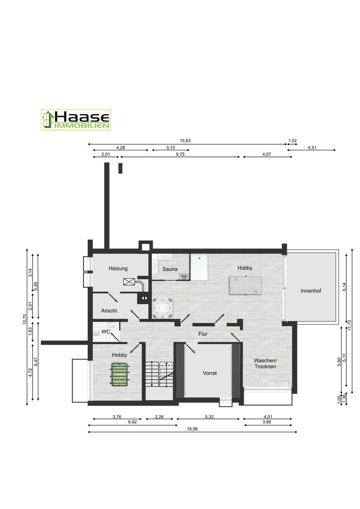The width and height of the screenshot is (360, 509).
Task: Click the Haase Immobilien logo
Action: tap(75, 120)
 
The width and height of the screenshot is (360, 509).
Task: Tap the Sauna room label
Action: tap(170, 269)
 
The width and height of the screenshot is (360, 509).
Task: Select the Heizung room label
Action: tap(118, 269)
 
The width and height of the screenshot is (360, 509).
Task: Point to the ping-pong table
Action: tap(245, 285)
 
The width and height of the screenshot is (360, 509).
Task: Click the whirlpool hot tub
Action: tap(163, 308)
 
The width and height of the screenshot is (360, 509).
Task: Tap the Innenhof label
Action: tap(311, 291)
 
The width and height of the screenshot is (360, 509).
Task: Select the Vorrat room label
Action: tap(210, 373)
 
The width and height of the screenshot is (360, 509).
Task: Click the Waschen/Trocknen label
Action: tap(265, 363)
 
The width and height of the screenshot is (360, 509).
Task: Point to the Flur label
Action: tap(203, 334)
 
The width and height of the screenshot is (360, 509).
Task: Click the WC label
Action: tap(106, 332)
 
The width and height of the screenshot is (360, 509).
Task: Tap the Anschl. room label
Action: tap(110, 311)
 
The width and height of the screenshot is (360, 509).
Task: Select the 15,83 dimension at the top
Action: tap(185, 141)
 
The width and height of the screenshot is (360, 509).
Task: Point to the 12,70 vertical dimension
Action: tap(25, 319)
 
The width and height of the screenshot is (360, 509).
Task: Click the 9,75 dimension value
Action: tap(180, 154)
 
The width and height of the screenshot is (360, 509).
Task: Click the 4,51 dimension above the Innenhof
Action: tap(312, 147)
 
